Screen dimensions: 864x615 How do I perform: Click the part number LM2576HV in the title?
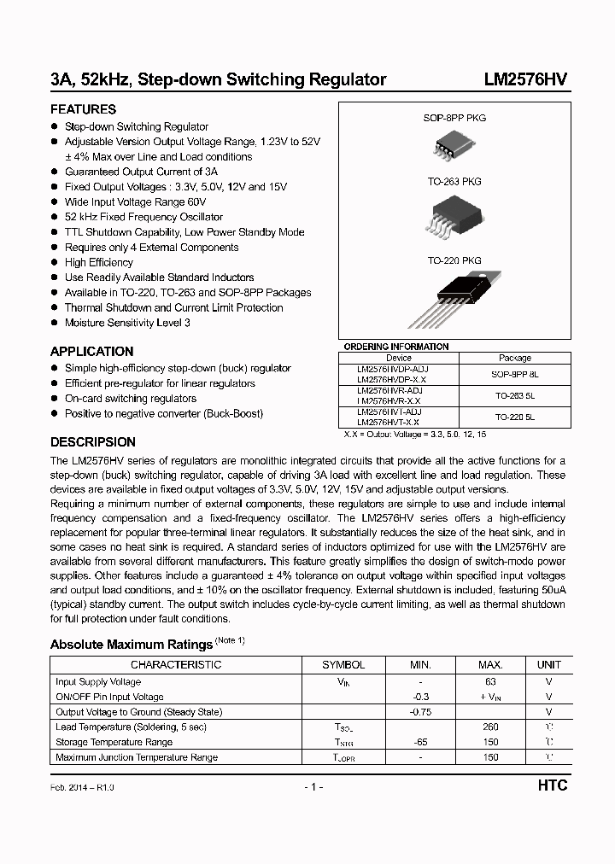[525, 80]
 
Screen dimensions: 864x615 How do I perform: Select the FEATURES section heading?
[83, 109]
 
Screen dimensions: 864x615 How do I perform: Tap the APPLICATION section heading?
[91, 351]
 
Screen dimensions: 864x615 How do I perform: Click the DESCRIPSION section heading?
[92, 442]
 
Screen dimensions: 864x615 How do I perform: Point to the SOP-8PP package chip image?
[454, 147]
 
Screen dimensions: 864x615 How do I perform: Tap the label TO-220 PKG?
[454, 260]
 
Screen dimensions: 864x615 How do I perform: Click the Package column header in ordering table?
[514, 359]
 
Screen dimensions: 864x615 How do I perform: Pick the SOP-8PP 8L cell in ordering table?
[514, 374]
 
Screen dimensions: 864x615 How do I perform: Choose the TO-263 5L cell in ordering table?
[514, 395]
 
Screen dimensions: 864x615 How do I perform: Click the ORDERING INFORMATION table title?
[395, 347]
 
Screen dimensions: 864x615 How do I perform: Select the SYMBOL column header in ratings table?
[343, 664]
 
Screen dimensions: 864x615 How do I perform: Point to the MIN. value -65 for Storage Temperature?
[419, 742]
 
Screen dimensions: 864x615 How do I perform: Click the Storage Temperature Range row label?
[114, 742]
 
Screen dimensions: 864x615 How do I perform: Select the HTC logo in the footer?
[553, 786]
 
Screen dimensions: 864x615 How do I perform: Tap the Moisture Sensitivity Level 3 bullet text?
[127, 323]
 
